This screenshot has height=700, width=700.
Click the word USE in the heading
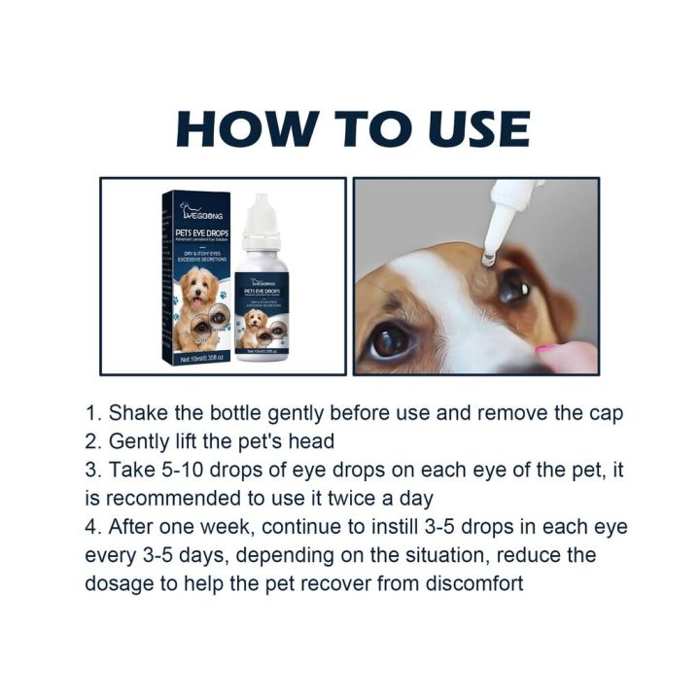click(471, 129)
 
